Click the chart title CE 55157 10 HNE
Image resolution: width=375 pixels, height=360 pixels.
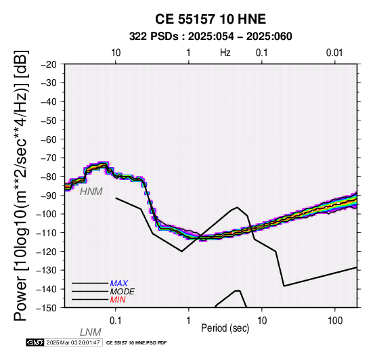click(x=211, y=19)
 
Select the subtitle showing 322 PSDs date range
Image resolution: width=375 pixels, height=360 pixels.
click(x=211, y=37)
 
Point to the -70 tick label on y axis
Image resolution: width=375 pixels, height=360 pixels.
click(x=49, y=158)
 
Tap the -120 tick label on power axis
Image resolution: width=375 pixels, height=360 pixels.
click(x=47, y=252)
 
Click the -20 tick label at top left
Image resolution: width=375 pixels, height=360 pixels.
click(x=49, y=64)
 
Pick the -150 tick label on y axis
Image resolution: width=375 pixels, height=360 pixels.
click(x=47, y=308)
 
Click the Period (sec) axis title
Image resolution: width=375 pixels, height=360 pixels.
click(x=225, y=328)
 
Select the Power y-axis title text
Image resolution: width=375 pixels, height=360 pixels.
click(x=21, y=185)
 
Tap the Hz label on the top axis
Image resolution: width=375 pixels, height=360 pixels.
click(x=225, y=53)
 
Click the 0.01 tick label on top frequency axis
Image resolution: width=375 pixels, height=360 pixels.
click(x=334, y=53)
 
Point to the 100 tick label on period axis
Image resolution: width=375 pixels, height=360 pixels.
click(x=335, y=321)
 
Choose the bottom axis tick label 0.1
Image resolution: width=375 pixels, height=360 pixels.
click(x=115, y=321)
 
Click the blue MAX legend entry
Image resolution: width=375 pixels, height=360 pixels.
click(x=119, y=284)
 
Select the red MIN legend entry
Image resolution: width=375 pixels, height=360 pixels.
click(x=118, y=300)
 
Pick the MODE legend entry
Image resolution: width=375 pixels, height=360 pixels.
click(x=123, y=292)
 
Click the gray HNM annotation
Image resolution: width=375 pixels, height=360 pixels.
click(x=91, y=192)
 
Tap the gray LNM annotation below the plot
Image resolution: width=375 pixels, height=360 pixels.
click(x=91, y=332)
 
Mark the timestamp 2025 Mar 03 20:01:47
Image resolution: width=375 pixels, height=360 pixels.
click(x=73, y=342)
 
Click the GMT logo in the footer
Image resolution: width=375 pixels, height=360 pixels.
click(x=35, y=342)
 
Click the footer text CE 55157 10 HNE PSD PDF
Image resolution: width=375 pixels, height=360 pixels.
click(x=136, y=343)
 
